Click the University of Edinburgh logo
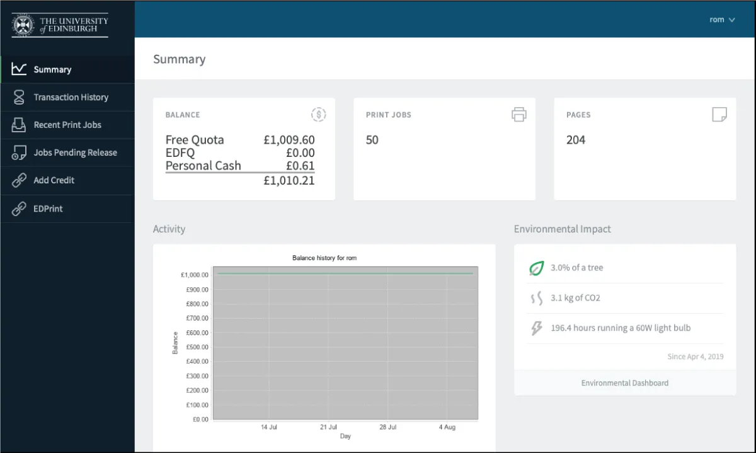(x=60, y=25)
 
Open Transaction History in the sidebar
(x=71, y=97)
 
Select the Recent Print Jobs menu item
(x=67, y=125)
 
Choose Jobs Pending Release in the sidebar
(x=75, y=152)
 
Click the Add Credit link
(x=54, y=180)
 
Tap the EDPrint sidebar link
(x=48, y=209)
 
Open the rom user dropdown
(x=722, y=20)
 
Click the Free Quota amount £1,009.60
(x=289, y=140)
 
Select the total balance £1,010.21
(x=289, y=181)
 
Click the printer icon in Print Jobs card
(x=518, y=114)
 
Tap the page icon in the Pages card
(x=719, y=114)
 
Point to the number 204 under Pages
(x=575, y=140)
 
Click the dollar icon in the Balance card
(x=319, y=114)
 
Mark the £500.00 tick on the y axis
(x=196, y=347)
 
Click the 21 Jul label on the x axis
(x=328, y=427)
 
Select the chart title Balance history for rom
(x=324, y=258)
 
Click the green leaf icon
(x=535, y=268)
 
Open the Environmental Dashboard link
(x=624, y=383)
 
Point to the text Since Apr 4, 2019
(x=695, y=357)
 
